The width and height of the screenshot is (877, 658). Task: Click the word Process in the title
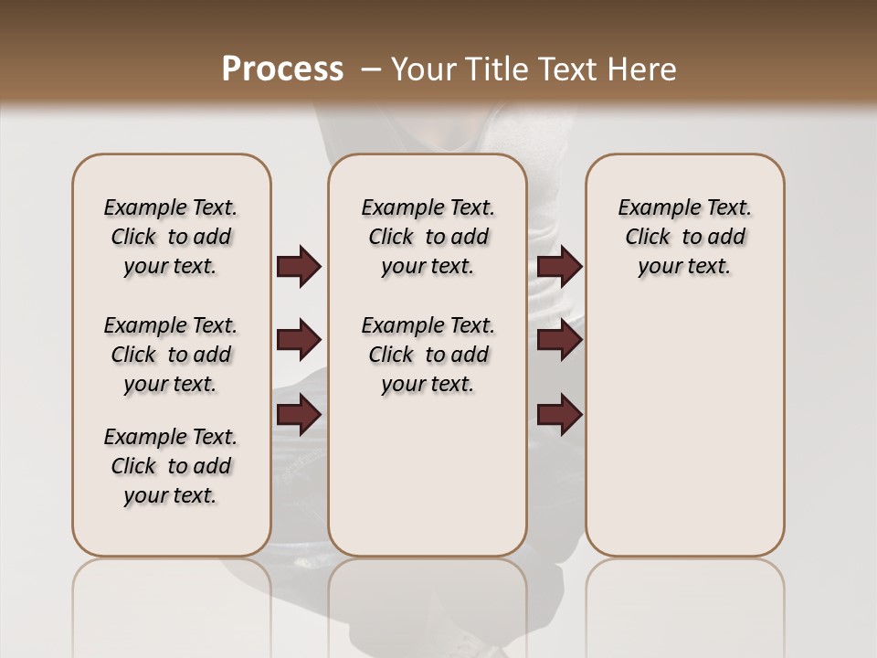click(x=282, y=69)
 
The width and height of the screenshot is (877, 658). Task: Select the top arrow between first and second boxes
click(x=299, y=267)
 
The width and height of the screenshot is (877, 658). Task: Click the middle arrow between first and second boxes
click(x=299, y=341)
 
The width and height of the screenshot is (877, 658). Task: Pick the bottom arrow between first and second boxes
click(x=299, y=416)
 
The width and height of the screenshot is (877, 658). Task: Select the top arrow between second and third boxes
click(x=559, y=267)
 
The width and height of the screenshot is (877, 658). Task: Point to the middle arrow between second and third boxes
click(x=559, y=341)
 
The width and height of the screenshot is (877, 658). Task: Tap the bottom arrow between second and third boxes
click(x=559, y=416)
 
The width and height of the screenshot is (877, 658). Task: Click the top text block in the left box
click(x=171, y=237)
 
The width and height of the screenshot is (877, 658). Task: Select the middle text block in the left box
click(x=171, y=355)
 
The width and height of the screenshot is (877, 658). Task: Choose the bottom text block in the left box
click(x=171, y=466)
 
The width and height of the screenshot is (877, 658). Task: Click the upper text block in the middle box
click(x=428, y=237)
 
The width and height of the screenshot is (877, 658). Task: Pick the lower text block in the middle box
click(x=428, y=355)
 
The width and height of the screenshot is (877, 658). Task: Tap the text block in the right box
click(x=684, y=237)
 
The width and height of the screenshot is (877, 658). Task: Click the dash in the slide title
click(x=371, y=69)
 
